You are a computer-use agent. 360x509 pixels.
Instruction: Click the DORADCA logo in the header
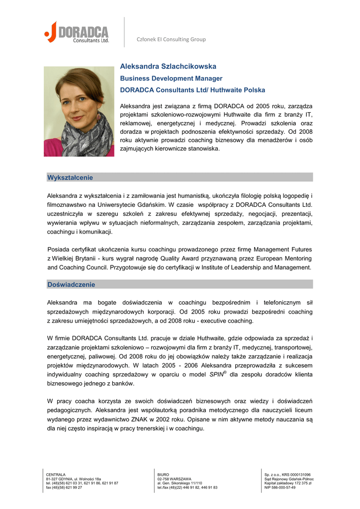coord(77,32)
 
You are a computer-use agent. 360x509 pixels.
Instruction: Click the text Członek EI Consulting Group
coord(171,39)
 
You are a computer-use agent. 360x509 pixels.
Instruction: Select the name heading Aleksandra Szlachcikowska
coord(168,66)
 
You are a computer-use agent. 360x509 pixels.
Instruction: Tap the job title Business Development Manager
coord(171,79)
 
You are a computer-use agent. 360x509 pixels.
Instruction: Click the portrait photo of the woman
coord(79,111)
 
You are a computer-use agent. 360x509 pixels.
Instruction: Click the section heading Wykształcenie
coord(70,177)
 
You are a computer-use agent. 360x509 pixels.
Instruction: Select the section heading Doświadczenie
coord(71,285)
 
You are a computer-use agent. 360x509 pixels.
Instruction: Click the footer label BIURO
coord(163,475)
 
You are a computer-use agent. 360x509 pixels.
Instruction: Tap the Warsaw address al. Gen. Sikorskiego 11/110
coord(180,483)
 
